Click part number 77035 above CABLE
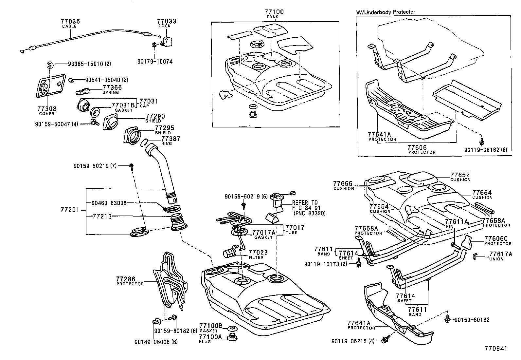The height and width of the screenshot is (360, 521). [x=70, y=21]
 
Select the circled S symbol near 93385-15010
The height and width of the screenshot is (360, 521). [x=50, y=65]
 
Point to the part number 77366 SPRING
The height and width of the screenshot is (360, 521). [x=112, y=87]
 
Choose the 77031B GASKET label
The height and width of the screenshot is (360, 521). [x=123, y=105]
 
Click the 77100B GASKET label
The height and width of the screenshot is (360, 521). [x=211, y=326]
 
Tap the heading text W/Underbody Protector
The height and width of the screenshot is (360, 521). [x=386, y=12]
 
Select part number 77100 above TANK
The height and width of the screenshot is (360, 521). [x=274, y=12]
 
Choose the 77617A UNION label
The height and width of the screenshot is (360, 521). [x=501, y=254]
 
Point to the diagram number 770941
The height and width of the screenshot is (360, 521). [x=496, y=349]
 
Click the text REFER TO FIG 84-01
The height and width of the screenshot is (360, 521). [x=305, y=205]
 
